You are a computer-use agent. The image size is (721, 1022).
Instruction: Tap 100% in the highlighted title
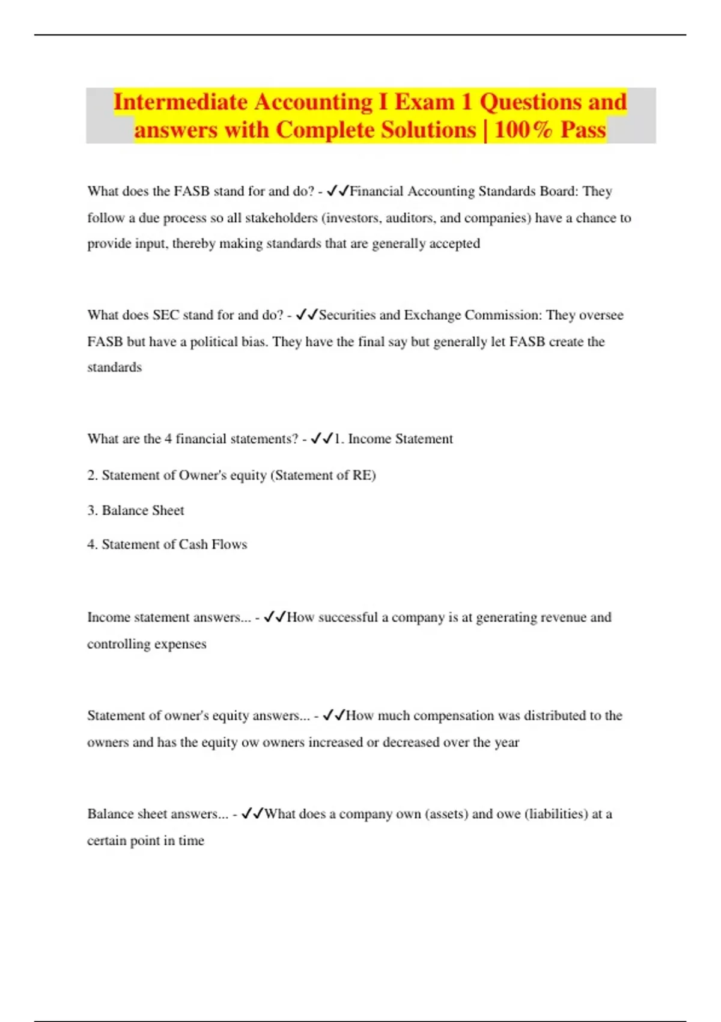523,130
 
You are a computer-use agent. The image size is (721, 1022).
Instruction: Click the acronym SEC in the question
166,315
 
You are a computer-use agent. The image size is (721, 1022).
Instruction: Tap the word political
214,341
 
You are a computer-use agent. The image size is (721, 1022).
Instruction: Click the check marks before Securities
307,315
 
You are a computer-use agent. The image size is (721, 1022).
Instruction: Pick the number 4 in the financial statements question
168,439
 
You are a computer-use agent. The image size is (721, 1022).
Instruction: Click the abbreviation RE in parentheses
362,475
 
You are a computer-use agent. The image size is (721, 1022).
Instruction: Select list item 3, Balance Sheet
136,510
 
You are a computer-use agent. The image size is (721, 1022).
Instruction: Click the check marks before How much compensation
334,715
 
